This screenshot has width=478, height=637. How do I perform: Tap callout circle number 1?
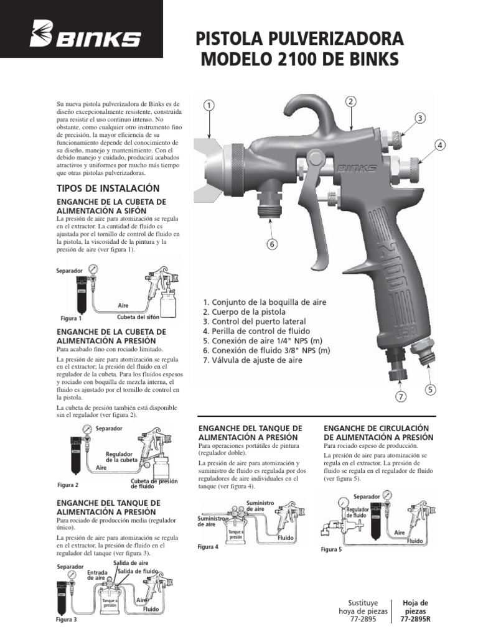[x=209, y=106]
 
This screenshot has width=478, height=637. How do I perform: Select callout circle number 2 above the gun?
[x=350, y=101]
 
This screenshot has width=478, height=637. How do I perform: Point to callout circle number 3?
[x=420, y=118]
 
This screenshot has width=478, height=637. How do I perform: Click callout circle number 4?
[x=439, y=146]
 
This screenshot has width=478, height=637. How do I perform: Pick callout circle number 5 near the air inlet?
[x=430, y=390]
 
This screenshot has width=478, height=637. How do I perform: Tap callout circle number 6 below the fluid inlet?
[x=271, y=244]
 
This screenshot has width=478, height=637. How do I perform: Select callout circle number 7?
[x=401, y=396]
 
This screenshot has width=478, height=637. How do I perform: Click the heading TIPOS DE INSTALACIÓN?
[x=108, y=188]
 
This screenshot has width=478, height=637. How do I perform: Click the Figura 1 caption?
[x=71, y=318]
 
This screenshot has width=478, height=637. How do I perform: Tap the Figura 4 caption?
[x=208, y=547]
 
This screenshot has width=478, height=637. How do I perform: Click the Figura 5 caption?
[x=332, y=550]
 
